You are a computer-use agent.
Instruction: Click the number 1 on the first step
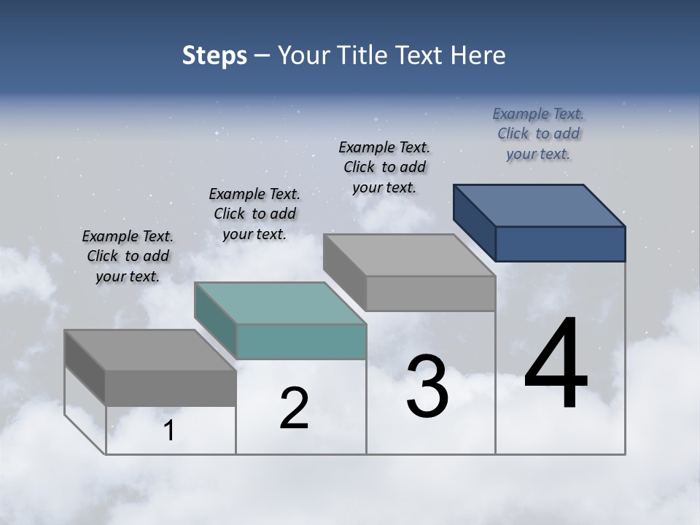point(169,431)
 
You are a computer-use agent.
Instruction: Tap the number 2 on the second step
point(294,408)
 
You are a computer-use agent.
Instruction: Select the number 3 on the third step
point(427,386)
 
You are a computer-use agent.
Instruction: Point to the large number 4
point(556,365)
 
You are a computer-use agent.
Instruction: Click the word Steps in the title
point(214,55)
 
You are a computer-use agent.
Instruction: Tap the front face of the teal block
point(301,342)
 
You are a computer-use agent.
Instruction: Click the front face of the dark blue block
point(560,244)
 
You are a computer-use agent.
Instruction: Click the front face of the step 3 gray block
point(430,294)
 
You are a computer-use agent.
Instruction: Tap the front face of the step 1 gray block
point(171,388)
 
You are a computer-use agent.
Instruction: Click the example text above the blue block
point(538,134)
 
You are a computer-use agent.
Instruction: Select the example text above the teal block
point(254,214)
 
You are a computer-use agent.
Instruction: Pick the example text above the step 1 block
point(128,257)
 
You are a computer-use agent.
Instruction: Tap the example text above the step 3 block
point(384,168)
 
